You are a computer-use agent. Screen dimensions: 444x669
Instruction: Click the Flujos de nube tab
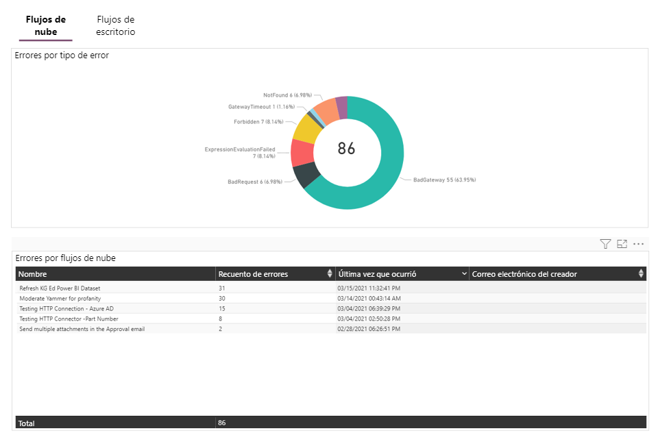click(45, 25)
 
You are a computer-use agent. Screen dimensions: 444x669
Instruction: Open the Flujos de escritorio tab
click(116, 25)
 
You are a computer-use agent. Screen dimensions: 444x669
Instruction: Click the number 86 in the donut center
click(347, 148)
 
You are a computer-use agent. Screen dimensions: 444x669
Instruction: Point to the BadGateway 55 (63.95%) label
click(444, 180)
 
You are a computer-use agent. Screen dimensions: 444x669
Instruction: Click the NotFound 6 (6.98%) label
click(287, 95)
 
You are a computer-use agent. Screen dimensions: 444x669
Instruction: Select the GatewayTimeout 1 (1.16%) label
click(260, 107)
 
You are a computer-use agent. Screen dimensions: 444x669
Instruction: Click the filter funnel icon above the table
click(605, 244)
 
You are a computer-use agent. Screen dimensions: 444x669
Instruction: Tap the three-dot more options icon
click(639, 244)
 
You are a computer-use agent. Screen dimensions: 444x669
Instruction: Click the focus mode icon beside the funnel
click(622, 244)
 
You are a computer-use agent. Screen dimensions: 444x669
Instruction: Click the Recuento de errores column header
click(253, 274)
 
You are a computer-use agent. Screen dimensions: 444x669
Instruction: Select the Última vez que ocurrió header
click(378, 274)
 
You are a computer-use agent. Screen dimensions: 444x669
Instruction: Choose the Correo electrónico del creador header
click(524, 274)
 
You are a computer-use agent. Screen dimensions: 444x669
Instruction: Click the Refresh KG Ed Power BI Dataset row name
click(60, 288)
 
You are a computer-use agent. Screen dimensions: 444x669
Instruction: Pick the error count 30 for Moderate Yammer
click(222, 299)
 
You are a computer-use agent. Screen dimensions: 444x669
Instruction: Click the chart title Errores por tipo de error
click(62, 56)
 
